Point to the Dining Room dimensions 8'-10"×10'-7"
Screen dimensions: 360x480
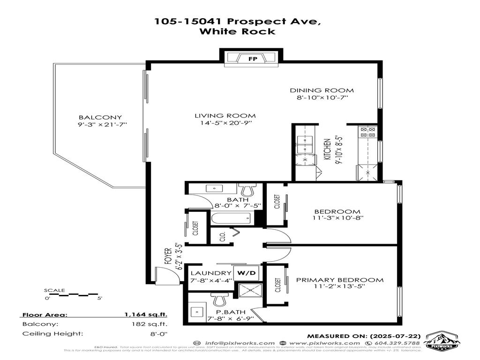click(322, 97)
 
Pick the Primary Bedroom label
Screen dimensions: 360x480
click(339, 280)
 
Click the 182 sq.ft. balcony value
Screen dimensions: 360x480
click(153, 324)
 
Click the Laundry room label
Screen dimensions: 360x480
click(210, 273)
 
